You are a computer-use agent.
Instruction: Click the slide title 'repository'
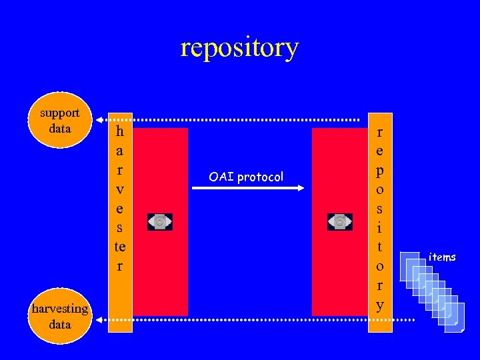tap(239, 48)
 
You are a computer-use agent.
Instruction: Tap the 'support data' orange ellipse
tap(60, 121)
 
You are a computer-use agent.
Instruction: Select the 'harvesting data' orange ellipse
tap(60, 316)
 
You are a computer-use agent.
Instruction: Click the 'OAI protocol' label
tap(246, 177)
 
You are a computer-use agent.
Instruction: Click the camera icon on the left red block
tap(160, 222)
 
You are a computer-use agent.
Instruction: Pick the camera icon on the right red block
tap(340, 221)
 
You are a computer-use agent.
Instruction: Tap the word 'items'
tap(442, 257)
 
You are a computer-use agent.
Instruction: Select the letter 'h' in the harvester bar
tap(120, 131)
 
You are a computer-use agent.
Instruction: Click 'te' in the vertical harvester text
tap(120, 247)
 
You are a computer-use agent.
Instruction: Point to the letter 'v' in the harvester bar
tap(120, 189)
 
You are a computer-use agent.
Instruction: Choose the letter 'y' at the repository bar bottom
tap(380, 305)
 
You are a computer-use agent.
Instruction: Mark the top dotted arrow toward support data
tap(233, 120)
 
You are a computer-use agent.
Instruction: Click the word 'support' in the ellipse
tap(60, 113)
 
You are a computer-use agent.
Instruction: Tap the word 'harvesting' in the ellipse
tap(60, 309)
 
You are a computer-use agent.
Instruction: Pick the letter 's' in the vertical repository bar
tap(380, 208)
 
